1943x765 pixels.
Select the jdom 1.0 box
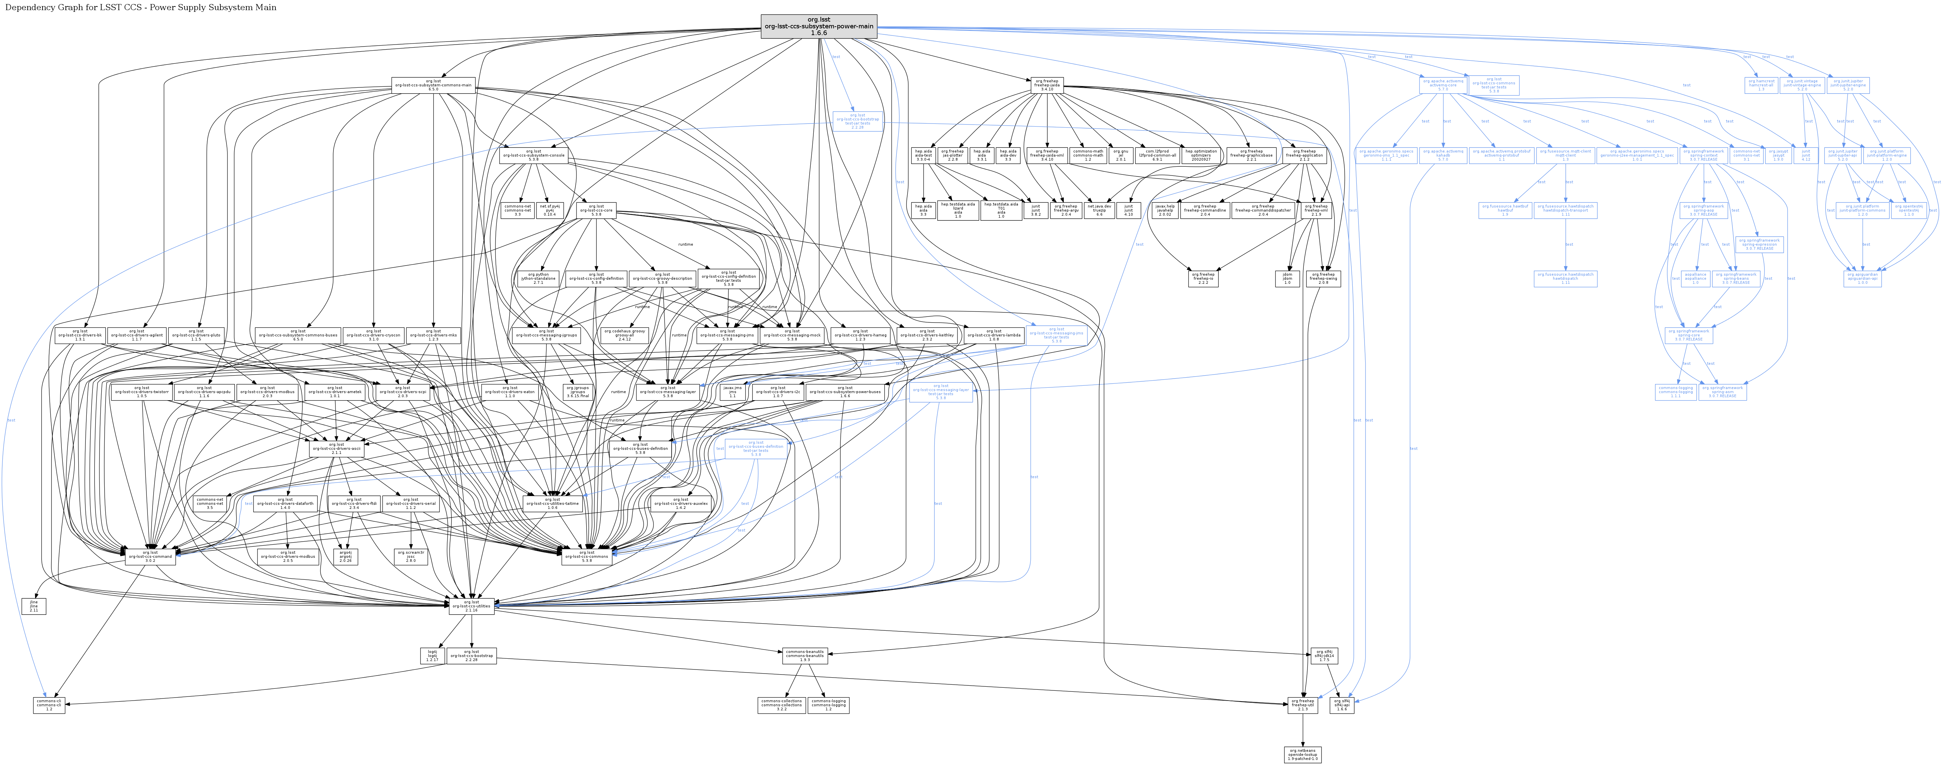click(1288, 278)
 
